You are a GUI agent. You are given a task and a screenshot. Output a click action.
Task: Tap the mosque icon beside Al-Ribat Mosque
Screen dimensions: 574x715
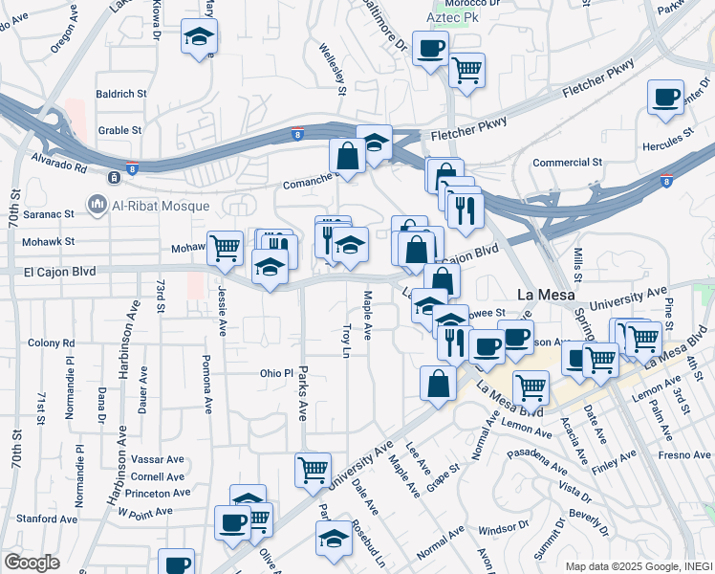(97, 204)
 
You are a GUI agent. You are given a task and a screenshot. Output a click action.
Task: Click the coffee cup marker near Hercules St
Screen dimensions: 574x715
(665, 98)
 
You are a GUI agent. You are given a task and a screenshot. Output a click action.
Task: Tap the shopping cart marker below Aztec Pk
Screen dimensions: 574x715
(466, 70)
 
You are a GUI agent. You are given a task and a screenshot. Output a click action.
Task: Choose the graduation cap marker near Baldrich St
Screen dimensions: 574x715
(200, 37)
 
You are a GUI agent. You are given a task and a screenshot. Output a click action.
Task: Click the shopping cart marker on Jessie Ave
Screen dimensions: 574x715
(224, 248)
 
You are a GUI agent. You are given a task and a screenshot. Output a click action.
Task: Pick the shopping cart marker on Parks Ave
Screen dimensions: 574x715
(314, 469)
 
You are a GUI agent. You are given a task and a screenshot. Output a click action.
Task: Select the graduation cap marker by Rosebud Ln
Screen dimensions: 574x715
(335, 538)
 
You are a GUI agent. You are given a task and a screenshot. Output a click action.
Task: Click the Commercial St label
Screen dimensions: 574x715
(567, 164)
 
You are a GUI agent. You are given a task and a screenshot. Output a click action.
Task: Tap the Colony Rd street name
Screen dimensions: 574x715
(45, 342)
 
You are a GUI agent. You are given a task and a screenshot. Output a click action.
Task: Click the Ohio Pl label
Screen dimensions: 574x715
(273, 373)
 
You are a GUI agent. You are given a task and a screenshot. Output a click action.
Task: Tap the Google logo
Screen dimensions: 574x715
(32, 563)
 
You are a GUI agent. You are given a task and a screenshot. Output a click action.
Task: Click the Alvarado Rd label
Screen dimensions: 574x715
(59, 165)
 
